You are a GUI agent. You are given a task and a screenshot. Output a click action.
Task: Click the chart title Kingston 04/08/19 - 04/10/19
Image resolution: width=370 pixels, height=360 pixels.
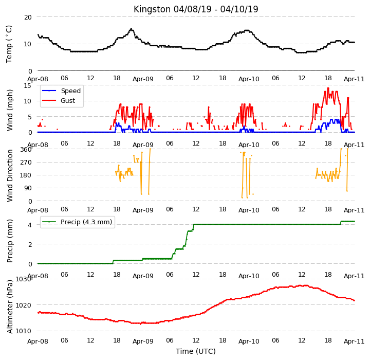click(196, 9)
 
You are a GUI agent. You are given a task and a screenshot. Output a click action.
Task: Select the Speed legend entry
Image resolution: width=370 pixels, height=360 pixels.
click(61, 91)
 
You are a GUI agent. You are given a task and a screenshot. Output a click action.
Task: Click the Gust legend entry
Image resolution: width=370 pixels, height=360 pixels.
click(59, 101)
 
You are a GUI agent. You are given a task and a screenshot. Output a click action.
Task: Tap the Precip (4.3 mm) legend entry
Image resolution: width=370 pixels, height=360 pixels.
click(77, 222)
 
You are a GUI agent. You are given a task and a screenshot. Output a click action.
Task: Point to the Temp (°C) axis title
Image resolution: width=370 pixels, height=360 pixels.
click(9, 44)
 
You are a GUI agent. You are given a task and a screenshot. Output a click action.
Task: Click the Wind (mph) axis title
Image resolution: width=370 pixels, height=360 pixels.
click(10, 110)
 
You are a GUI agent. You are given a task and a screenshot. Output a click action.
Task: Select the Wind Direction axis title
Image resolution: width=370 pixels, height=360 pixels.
click(10, 175)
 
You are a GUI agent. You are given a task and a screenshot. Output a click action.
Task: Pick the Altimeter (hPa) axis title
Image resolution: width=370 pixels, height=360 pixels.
click(10, 307)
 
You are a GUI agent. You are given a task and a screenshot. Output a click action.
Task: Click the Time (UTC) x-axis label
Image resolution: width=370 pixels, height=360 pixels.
click(196, 351)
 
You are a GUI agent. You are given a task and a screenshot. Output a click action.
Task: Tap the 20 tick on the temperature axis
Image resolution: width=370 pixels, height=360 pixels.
click(28, 17)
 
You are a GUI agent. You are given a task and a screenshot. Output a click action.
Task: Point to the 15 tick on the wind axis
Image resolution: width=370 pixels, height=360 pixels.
click(28, 85)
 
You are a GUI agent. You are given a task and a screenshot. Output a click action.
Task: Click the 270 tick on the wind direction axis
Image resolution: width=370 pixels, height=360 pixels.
click(26, 163)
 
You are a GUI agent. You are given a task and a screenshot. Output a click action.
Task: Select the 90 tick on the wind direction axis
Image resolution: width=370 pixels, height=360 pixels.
click(28, 188)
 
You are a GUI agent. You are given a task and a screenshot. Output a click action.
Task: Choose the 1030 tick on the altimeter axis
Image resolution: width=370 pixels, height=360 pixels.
click(23, 279)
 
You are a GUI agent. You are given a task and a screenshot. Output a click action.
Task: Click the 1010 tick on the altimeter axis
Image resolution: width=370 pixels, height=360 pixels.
click(23, 331)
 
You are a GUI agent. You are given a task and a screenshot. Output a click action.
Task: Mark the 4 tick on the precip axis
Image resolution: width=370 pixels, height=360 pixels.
click(30, 225)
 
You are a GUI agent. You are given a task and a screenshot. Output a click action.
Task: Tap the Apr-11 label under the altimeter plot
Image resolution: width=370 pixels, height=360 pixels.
click(354, 341)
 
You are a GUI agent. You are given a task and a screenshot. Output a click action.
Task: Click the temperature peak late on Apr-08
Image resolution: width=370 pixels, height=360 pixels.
click(131, 29)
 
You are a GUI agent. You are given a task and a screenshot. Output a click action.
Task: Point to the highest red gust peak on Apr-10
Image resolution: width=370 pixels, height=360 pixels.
click(328, 88)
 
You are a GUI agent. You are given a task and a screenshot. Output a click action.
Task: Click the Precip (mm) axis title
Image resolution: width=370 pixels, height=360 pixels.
click(10, 241)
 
